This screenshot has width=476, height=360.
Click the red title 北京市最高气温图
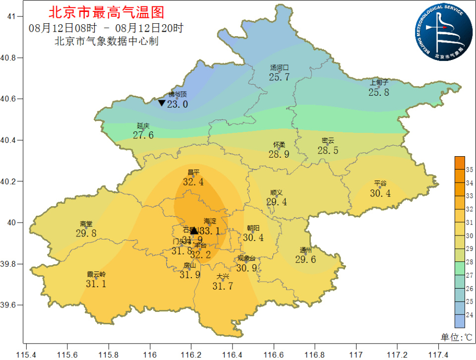pyautogui.click(x=106, y=12)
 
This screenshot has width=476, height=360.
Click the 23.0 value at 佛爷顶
pyautogui.click(x=178, y=104)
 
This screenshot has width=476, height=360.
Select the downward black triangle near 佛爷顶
pyautogui.click(x=162, y=103)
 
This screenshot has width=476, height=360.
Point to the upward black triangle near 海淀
pyautogui.click(x=194, y=231)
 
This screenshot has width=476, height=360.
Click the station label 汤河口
pyautogui.click(x=279, y=67)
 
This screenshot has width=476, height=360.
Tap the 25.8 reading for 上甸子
pyautogui.click(x=379, y=92)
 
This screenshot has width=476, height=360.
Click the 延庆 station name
pyautogui.click(x=143, y=126)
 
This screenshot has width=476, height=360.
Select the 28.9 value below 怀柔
pyautogui.click(x=279, y=154)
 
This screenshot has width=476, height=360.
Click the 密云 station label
pyautogui.click(x=328, y=141)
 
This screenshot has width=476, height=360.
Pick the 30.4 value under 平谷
pyautogui.click(x=380, y=193)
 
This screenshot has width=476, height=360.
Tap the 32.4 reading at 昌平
pyautogui.click(x=193, y=182)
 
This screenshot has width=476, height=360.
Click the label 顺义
pyautogui.click(x=276, y=192)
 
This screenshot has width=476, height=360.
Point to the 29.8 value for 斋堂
pyautogui.click(x=86, y=233)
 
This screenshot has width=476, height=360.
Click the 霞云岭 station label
pyautogui.click(x=96, y=274)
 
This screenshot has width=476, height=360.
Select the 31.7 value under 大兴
pyautogui.click(x=223, y=286)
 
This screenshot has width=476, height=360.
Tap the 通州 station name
pyautogui.click(x=305, y=250)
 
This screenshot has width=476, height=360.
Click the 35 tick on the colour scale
pyautogui.click(x=470, y=170)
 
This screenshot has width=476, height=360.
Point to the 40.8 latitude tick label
pyautogui.click(x=8, y=58)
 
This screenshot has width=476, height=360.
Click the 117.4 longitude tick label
pyautogui.click(x=438, y=355)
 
